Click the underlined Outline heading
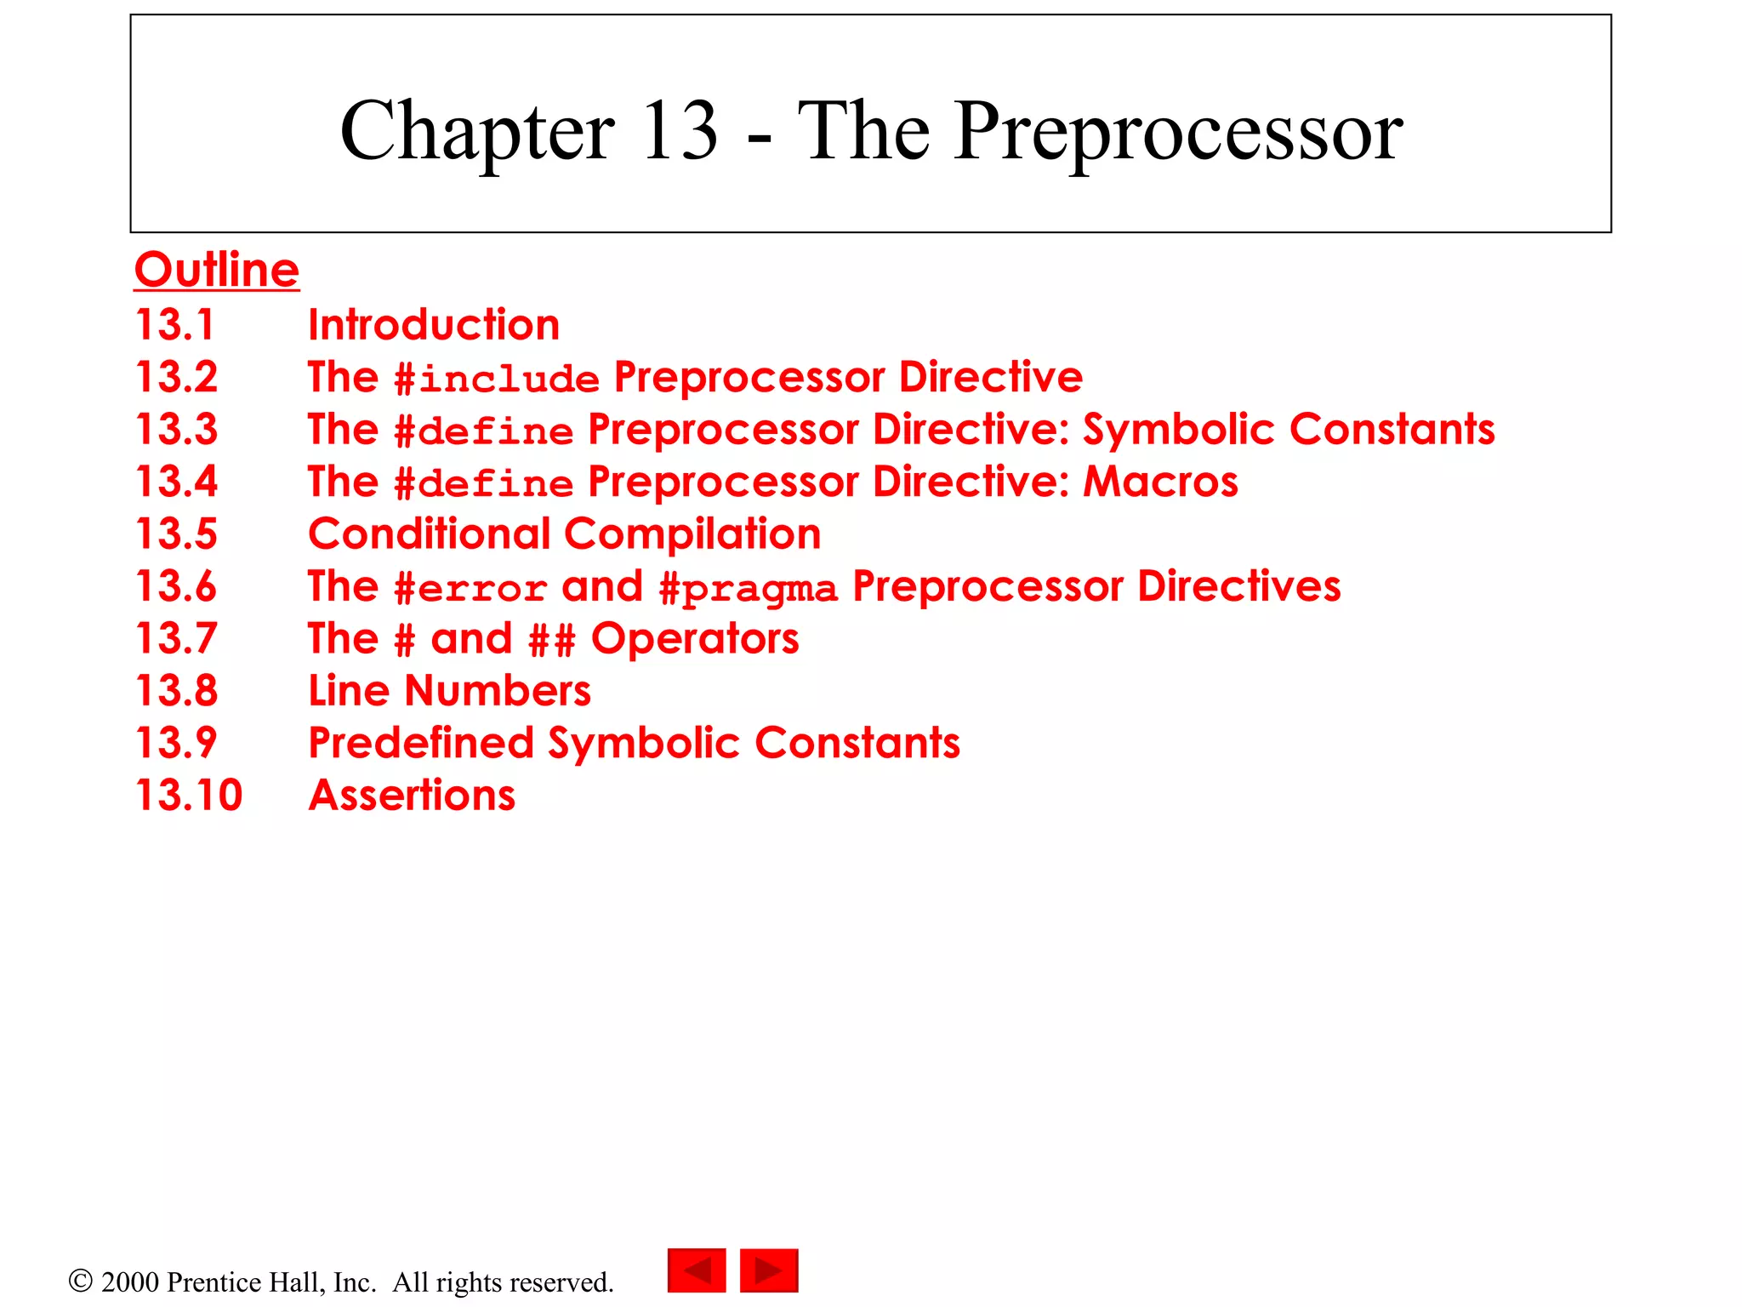pyautogui.click(x=217, y=271)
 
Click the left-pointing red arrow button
pyautogui.click(x=697, y=1270)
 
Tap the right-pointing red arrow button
pyautogui.click(x=769, y=1270)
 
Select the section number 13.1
pyautogui.click(x=175, y=325)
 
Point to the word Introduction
pyautogui.click(x=434, y=325)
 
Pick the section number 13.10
pyautogui.click(x=189, y=795)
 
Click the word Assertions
pyautogui.click(x=412, y=795)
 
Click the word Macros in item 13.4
pyautogui.click(x=1160, y=482)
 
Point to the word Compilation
pyautogui.click(x=692, y=534)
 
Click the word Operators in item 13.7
pyautogui.click(x=695, y=638)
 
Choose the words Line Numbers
pyautogui.click(x=449, y=690)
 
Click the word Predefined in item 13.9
pyautogui.click(x=421, y=743)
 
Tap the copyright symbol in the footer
pyautogui.click(x=80, y=1281)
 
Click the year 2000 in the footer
pyautogui.click(x=130, y=1281)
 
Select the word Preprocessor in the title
pyautogui.click(x=1178, y=132)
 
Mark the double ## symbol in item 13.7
pyautogui.click(x=552, y=640)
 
